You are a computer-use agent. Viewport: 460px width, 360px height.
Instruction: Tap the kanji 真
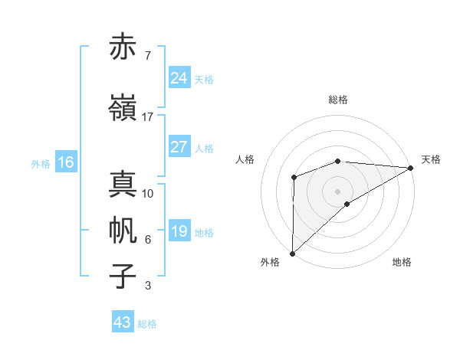[x=123, y=185]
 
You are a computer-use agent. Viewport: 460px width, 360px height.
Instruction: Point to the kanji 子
[x=123, y=276]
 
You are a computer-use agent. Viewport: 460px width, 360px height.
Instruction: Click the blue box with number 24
[x=179, y=78]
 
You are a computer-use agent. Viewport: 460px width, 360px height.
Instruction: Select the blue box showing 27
[x=179, y=147]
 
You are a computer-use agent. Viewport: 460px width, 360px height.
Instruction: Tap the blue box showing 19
[x=179, y=231]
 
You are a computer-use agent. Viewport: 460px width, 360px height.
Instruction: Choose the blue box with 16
[x=65, y=162]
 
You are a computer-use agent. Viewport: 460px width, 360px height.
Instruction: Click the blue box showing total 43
[x=123, y=322]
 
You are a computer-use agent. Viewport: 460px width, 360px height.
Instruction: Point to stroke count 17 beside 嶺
[x=147, y=117]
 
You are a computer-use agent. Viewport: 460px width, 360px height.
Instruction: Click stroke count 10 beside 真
[x=148, y=194]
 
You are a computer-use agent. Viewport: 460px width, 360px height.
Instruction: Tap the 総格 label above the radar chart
[x=337, y=100]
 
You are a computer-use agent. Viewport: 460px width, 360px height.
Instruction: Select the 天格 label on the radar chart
[x=431, y=159]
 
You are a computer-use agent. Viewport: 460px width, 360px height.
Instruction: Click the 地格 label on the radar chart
[x=402, y=263]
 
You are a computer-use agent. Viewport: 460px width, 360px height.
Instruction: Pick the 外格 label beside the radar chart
[x=270, y=263]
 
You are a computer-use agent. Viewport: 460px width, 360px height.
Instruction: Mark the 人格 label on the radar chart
[x=245, y=159]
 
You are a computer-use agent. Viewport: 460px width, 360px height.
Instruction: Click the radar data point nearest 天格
[x=411, y=167]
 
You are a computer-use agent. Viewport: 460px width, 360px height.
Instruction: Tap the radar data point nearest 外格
[x=292, y=253]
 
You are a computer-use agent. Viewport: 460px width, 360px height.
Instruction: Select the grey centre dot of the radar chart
[x=337, y=191]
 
